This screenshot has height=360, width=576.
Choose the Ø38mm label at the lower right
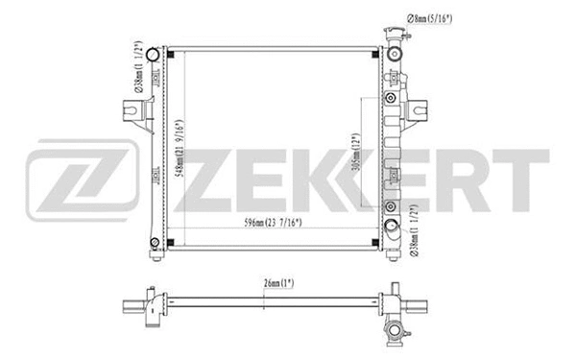[x=413, y=227]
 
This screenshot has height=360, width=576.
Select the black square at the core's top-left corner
[x=171, y=52]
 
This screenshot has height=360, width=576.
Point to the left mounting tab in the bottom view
[x=132, y=307]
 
